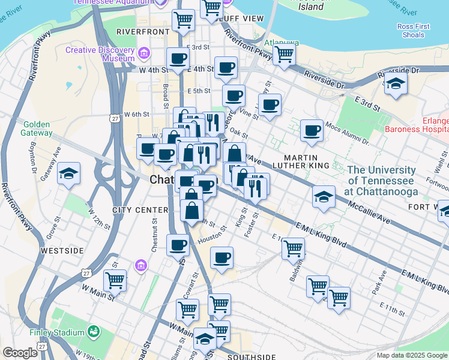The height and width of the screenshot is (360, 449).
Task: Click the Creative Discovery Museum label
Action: click(100, 55)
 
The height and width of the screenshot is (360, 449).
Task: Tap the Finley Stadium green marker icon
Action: click(94, 331)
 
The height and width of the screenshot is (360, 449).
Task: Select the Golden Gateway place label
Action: click(40, 128)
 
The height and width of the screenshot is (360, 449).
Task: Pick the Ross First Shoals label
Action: click(414, 31)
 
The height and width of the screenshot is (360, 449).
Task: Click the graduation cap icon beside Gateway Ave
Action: click(69, 174)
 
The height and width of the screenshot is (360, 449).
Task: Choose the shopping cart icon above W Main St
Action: click(115, 279)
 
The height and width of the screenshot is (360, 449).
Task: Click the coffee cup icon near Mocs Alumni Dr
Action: click(311, 130)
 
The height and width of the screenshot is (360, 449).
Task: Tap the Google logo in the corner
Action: click(20, 353)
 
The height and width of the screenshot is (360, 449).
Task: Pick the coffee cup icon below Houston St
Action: click(221, 257)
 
